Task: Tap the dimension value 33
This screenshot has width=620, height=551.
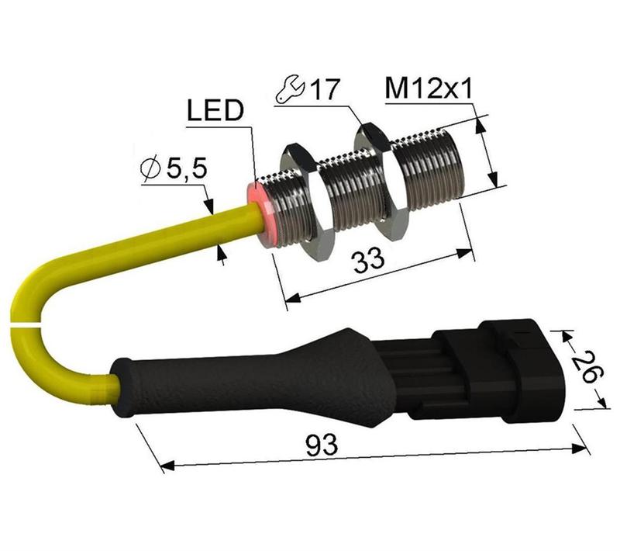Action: pos(369,260)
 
